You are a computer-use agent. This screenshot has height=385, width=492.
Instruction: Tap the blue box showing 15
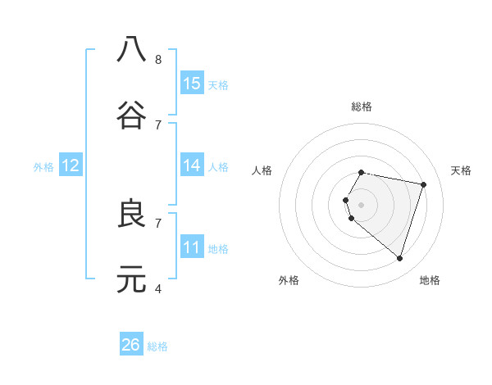[192, 84]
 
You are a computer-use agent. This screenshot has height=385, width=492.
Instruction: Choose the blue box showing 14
[192, 165]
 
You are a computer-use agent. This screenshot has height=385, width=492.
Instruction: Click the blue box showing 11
[192, 247]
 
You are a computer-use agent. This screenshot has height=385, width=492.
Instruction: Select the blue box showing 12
[71, 165]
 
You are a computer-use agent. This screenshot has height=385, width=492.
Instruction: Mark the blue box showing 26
[131, 345]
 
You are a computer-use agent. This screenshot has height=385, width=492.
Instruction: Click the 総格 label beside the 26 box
[158, 346]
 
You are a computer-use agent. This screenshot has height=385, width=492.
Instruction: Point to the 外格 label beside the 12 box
[43, 167]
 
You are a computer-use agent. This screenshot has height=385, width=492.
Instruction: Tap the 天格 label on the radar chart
[462, 170]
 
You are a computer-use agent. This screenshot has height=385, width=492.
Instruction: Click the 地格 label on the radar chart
[430, 280]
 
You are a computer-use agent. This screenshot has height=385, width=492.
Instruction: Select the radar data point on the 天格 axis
[423, 184]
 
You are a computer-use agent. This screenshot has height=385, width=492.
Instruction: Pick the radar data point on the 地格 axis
[399, 258]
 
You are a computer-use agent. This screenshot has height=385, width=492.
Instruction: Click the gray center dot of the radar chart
[361, 204]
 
